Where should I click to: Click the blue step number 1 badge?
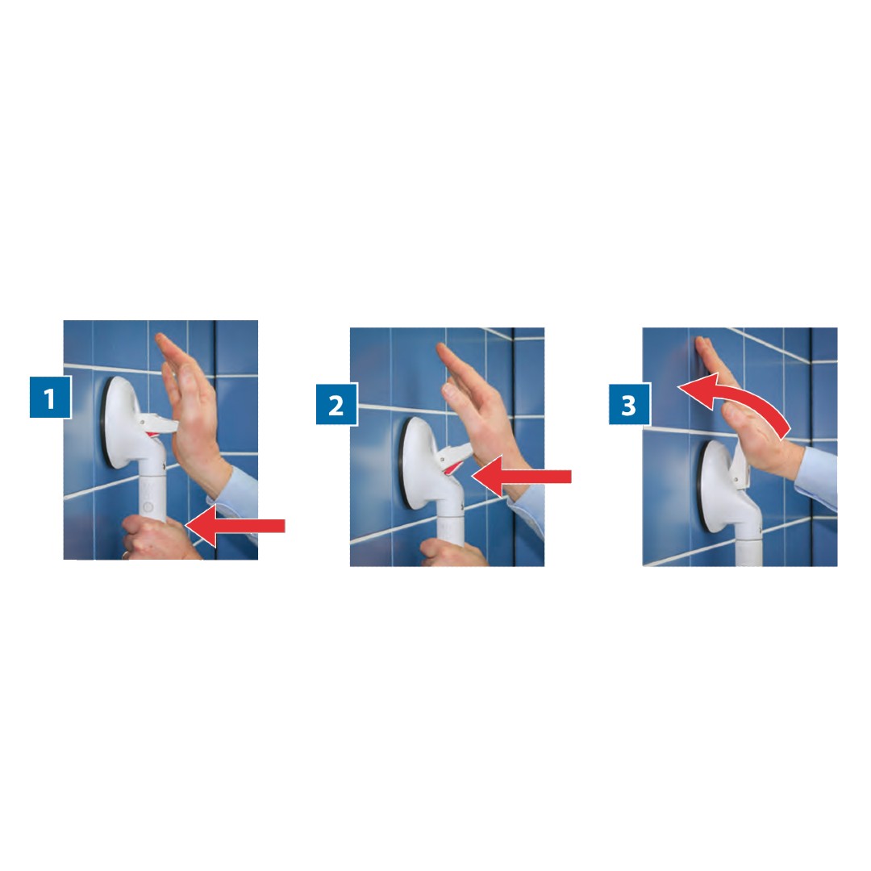[50, 397]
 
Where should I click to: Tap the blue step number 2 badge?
[336, 404]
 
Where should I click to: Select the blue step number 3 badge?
[629, 404]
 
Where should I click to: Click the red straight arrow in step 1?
[235, 525]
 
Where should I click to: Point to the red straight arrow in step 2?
[521, 477]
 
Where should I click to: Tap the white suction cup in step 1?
[125, 422]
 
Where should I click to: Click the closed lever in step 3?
[740, 464]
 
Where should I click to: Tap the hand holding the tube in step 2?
[452, 552]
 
